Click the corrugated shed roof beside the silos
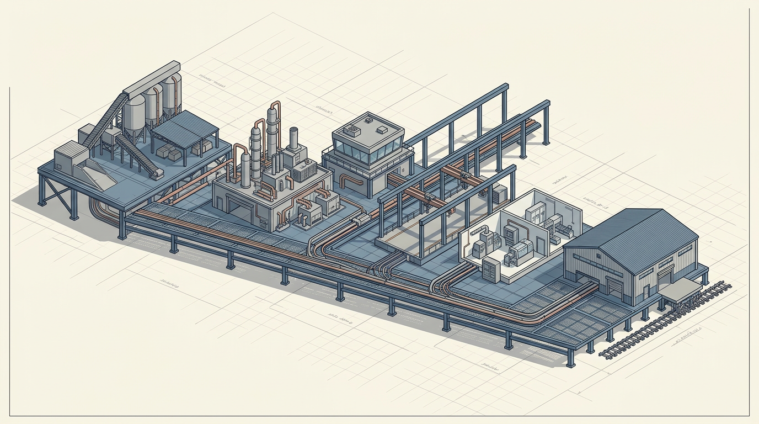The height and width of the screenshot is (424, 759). point(185,128)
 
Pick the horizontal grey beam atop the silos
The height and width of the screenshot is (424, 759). point(151,77)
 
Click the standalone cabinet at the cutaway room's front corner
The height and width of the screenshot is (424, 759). point(491,269)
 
